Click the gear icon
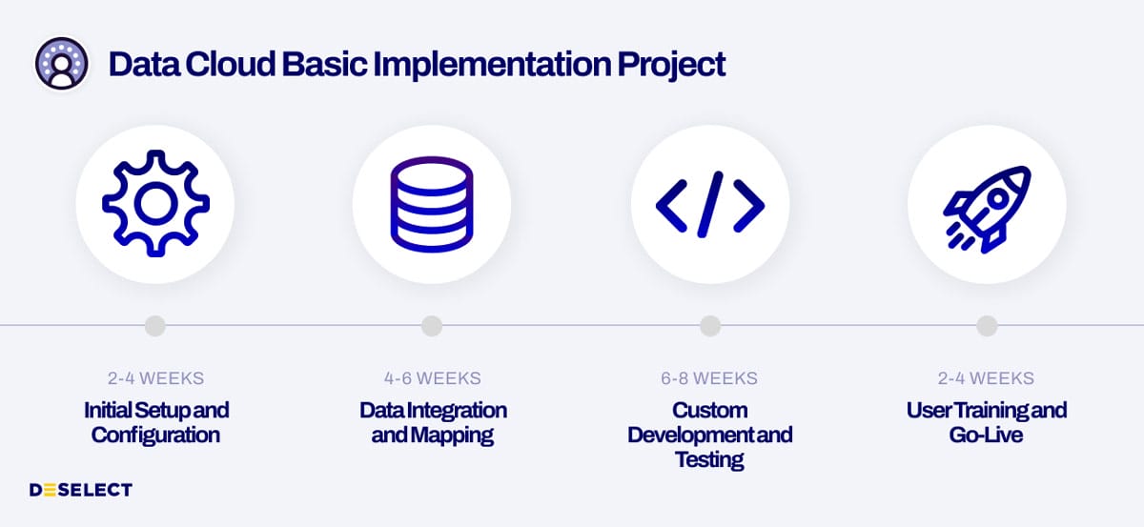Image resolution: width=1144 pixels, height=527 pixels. pyautogui.click(x=155, y=204)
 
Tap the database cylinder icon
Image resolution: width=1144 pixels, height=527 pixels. pyautogui.click(x=431, y=204)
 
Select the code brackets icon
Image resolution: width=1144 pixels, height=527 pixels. pyautogui.click(x=709, y=204)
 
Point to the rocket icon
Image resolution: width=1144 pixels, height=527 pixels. pyautogui.click(x=986, y=204)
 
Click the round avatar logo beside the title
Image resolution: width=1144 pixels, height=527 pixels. pyautogui.click(x=62, y=64)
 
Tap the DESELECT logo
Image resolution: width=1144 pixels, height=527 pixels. pyautogui.click(x=80, y=490)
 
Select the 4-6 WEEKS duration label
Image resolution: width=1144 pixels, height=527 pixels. pyautogui.click(x=432, y=378)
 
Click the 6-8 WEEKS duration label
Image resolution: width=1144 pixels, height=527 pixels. pyautogui.click(x=709, y=378)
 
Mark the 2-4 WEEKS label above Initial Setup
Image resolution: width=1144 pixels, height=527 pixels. pyautogui.click(x=155, y=378)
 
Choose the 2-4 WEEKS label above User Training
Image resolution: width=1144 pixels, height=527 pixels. pyautogui.click(x=986, y=378)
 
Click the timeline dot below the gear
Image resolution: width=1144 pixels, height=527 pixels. pyautogui.click(x=155, y=326)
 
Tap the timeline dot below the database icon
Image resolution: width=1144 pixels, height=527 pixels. pyautogui.click(x=432, y=326)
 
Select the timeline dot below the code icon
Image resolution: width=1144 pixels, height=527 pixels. pyautogui.click(x=709, y=326)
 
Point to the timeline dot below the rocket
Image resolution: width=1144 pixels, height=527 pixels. pyautogui.click(x=987, y=326)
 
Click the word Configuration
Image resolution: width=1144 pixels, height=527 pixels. pyautogui.click(x=155, y=436)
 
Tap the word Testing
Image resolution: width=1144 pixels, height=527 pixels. pyautogui.click(x=709, y=460)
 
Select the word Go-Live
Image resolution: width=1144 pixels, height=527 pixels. pyautogui.click(x=986, y=436)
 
